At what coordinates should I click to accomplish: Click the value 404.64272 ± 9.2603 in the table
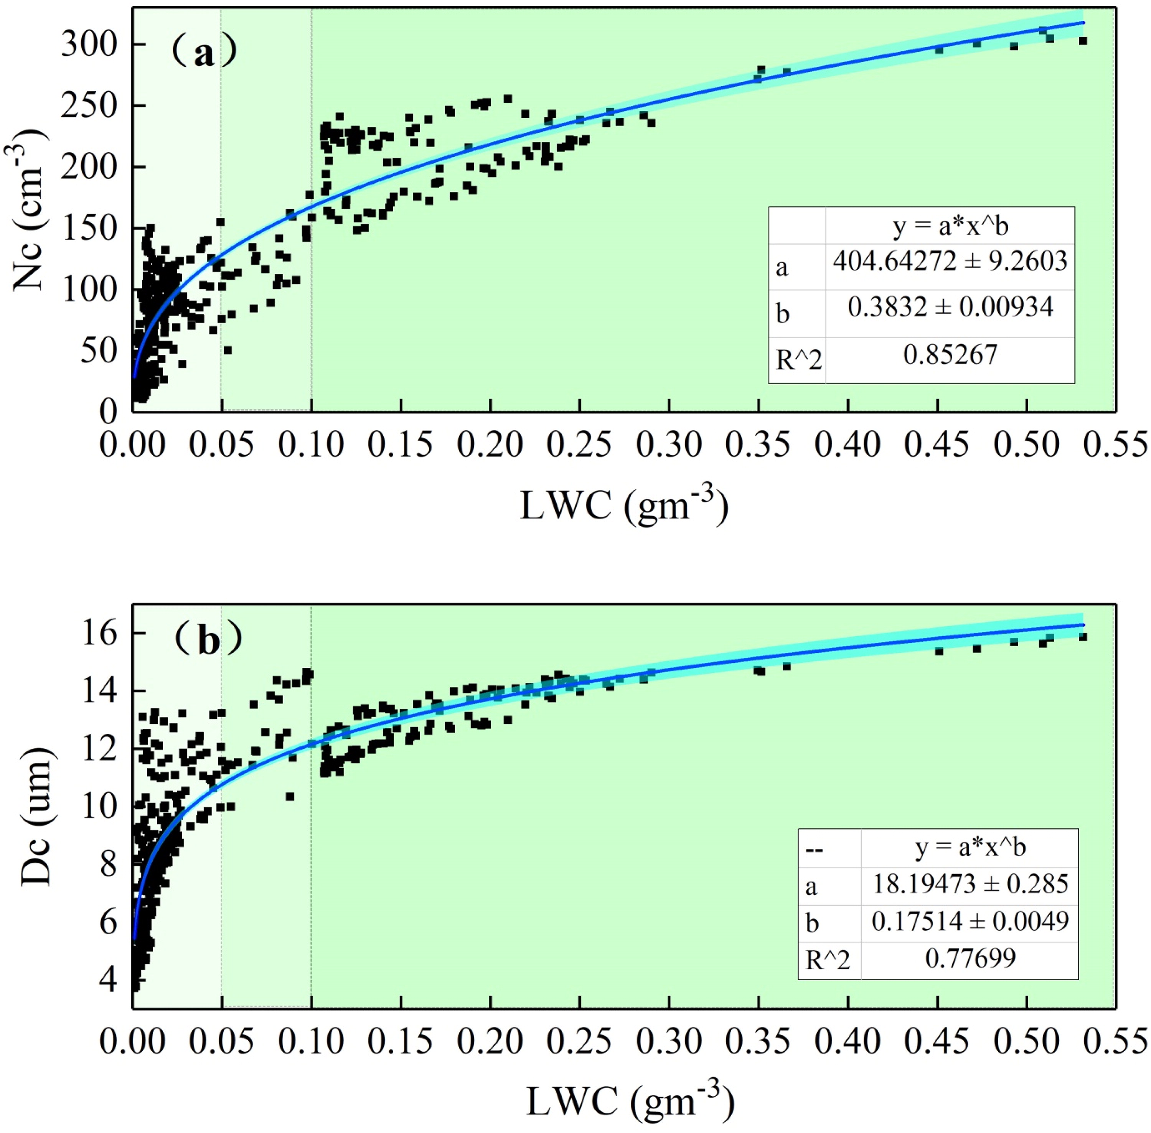point(950,261)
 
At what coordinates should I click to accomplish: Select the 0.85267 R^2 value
point(950,355)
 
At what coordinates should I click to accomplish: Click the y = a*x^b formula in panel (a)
point(950,227)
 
